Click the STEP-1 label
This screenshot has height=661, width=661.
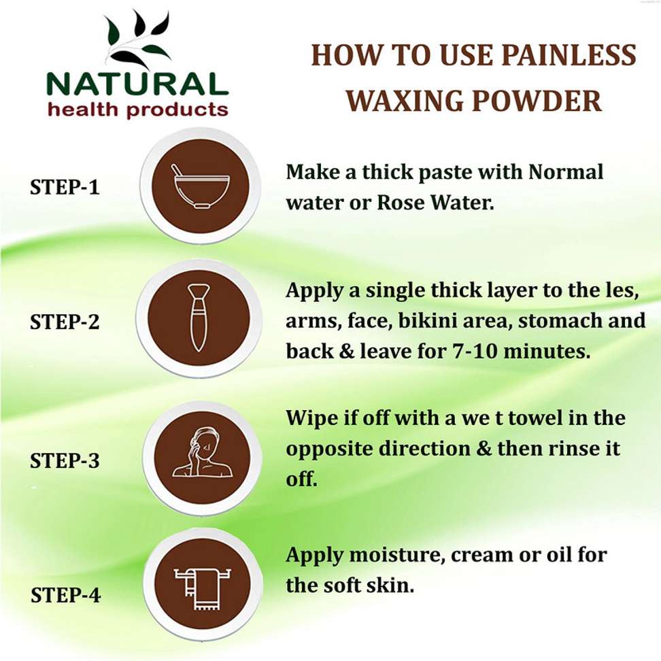pyautogui.click(x=65, y=187)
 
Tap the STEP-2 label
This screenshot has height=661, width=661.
pyautogui.click(x=65, y=322)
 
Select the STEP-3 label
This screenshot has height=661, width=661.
pyautogui.click(x=65, y=460)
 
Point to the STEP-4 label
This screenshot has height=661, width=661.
pyautogui.click(x=66, y=595)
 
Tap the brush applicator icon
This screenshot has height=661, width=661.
pyautogui.click(x=199, y=318)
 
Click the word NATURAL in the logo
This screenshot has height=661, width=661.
pyautogui.click(x=137, y=84)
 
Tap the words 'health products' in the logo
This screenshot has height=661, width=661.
pyautogui.click(x=138, y=109)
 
